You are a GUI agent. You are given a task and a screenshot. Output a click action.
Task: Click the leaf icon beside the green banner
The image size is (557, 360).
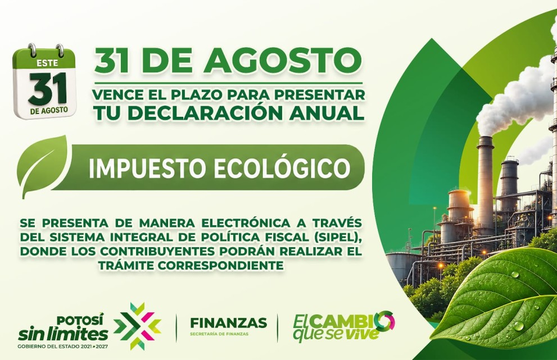coord(44,166)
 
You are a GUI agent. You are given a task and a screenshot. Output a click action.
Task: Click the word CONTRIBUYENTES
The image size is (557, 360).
coord(157,251)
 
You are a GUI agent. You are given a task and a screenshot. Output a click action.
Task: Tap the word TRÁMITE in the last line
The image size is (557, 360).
coord(125,265)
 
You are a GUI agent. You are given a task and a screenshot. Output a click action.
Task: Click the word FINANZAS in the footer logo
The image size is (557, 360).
coord(228,323)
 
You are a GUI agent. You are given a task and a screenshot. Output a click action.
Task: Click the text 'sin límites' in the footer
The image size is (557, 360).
coord(63,334)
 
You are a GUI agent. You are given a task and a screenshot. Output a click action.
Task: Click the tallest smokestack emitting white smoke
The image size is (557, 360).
coord(485,185)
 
